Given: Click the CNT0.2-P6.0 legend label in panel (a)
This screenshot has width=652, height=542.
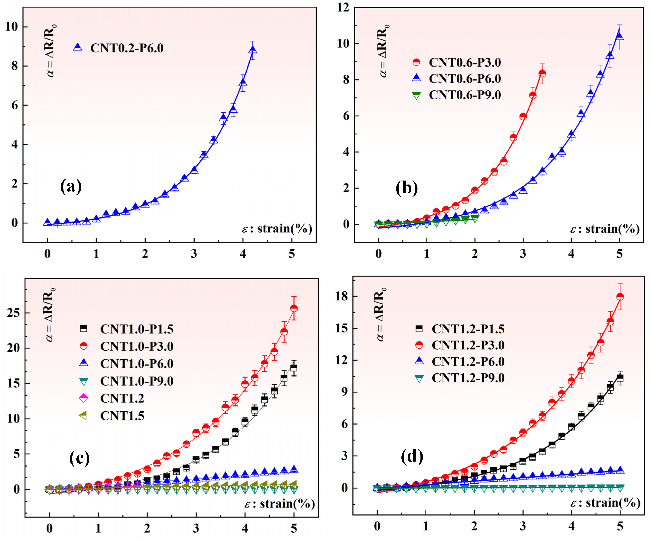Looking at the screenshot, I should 127,48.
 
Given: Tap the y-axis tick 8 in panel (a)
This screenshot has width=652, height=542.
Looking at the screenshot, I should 15,66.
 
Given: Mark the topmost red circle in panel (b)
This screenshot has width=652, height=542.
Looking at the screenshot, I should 542,74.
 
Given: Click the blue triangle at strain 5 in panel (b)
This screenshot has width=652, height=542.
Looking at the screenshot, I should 619,37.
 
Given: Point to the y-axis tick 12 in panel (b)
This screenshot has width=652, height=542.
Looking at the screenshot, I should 343,8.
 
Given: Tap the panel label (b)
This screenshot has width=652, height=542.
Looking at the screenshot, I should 407,188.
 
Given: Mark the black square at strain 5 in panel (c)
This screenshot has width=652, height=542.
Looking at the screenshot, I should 294,368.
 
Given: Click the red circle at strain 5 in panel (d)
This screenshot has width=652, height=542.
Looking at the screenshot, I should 620,297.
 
